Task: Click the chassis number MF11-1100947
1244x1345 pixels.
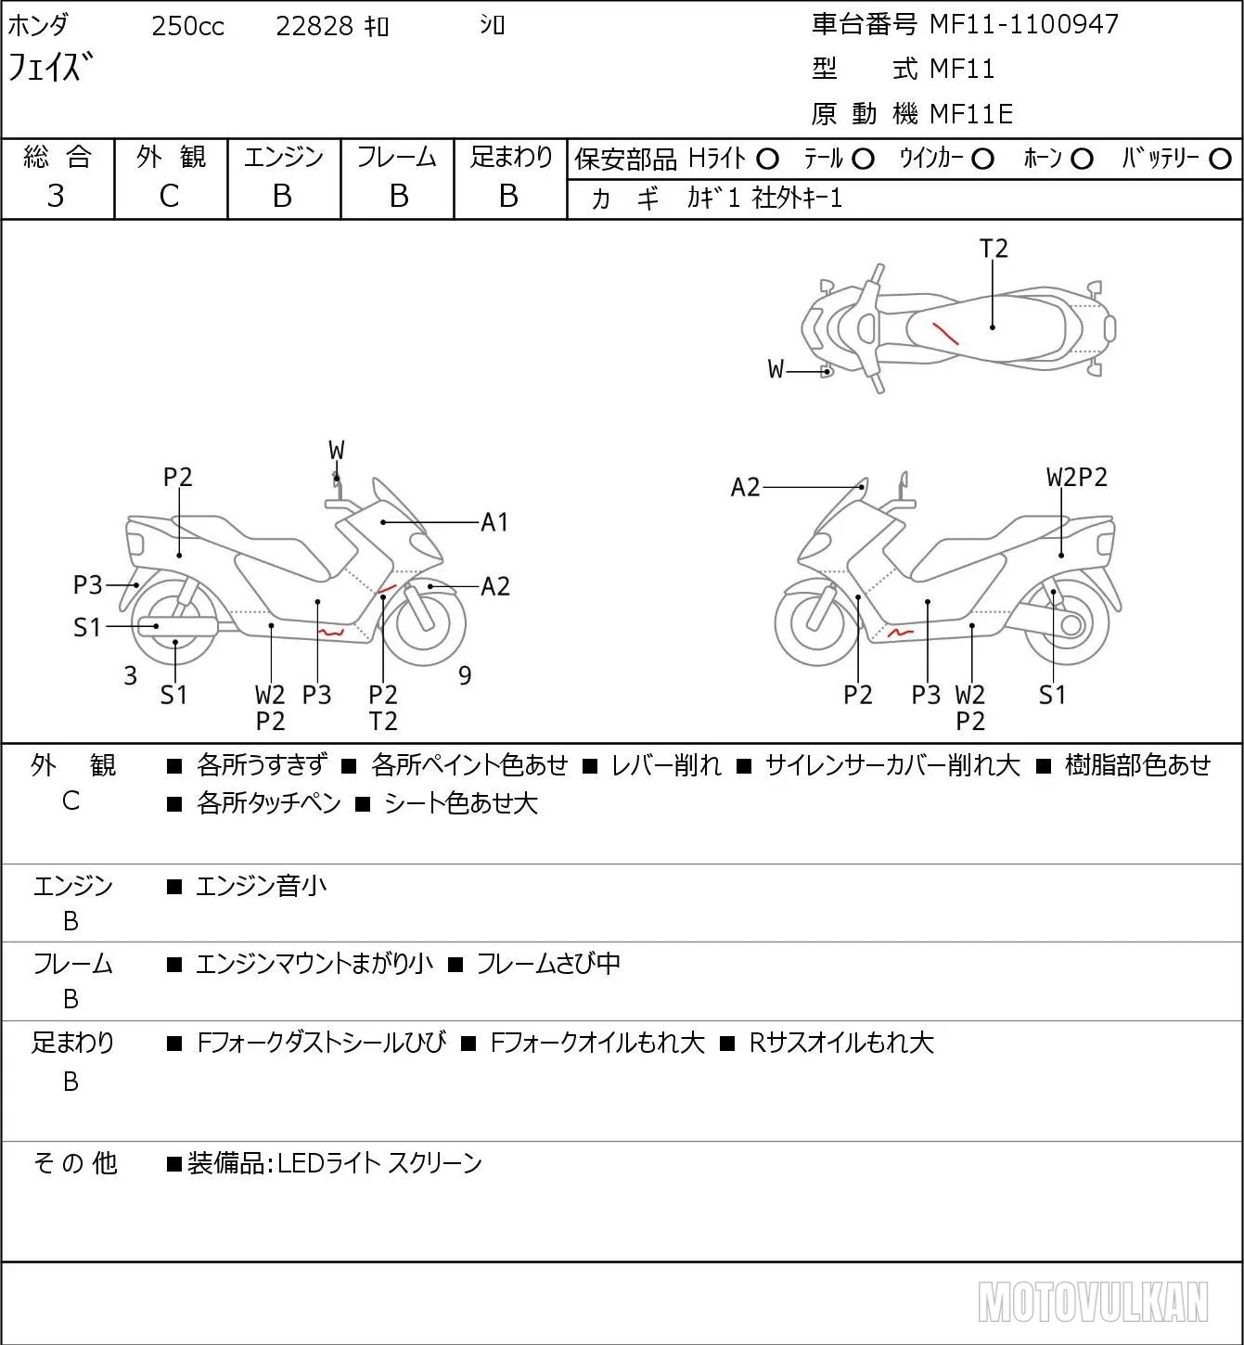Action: pos(1023,24)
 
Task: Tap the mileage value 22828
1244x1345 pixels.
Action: pos(314,26)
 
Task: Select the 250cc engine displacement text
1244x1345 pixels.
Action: pos(187,26)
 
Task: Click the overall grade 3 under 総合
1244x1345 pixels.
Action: pos(56,196)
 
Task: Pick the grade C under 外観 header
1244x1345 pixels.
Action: pos(169,197)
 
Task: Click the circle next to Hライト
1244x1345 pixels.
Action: pos(767,160)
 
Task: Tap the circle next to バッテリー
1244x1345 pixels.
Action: pos(1220,160)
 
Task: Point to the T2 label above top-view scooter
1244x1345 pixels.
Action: pos(994,249)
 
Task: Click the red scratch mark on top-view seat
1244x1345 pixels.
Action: pos(945,333)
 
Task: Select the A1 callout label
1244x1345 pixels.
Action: pos(494,522)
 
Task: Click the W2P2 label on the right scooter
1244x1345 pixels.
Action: pos(1077,478)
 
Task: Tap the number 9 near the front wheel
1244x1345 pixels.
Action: pos(465,675)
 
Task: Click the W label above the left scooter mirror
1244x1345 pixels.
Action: pos(337,451)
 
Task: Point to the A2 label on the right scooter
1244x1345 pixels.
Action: pos(745,487)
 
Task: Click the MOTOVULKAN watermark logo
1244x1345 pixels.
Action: pos(1093,1302)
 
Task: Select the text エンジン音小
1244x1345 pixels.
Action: pos(262,886)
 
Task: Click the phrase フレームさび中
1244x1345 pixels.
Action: pos(548,964)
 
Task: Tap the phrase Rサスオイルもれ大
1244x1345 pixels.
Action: pos(841,1043)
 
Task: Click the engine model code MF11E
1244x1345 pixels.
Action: pos(971,114)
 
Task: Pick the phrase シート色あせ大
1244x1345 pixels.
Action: pos(461,804)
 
